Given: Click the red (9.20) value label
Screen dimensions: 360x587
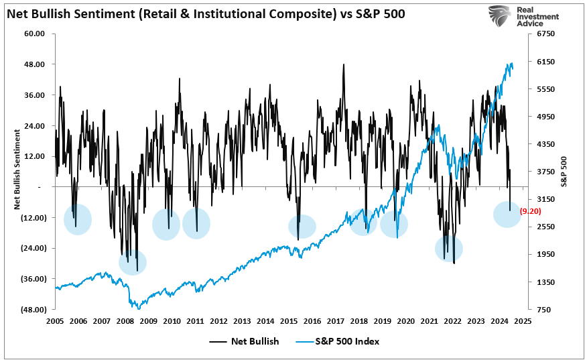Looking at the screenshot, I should point(530,211).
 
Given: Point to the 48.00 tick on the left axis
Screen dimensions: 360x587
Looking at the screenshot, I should point(34,64).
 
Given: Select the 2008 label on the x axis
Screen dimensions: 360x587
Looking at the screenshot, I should point(125,321).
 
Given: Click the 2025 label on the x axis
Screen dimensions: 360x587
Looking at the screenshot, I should point(523,321).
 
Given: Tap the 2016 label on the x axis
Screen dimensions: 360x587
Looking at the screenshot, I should point(312,321).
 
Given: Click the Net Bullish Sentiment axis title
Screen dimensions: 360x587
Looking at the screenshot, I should point(16,171).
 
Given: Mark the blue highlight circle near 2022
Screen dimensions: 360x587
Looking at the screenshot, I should point(449,248).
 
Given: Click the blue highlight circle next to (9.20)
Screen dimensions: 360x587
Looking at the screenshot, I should point(507,214).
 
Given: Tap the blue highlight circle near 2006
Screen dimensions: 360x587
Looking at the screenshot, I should point(78,219).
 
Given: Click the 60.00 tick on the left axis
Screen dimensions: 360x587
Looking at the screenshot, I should point(34,34).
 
